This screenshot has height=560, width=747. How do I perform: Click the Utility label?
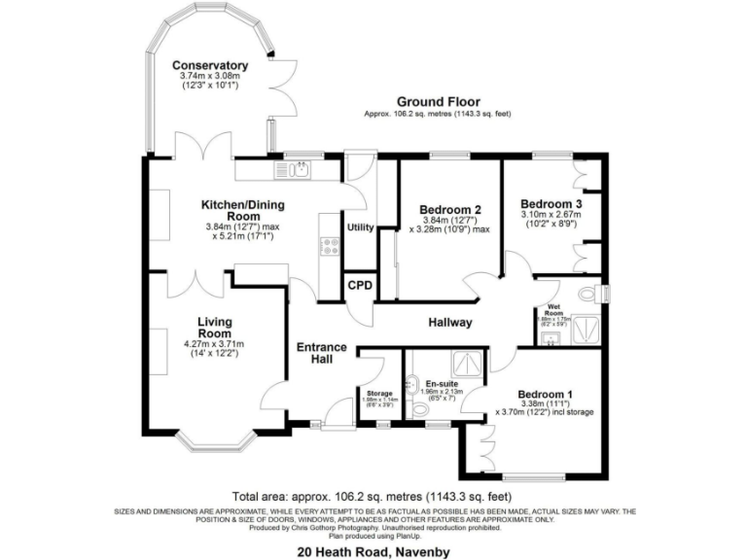(360, 228)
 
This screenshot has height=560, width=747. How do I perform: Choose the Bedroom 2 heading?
(450, 209)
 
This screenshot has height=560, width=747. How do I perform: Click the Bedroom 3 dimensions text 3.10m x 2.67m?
(551, 214)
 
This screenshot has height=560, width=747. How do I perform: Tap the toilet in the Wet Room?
(587, 293)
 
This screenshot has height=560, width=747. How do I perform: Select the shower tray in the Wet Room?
(584, 331)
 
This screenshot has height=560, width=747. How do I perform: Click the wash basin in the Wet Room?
(551, 336)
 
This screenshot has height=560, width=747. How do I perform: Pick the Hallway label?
(448, 322)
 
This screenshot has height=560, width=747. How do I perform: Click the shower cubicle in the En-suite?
(471, 364)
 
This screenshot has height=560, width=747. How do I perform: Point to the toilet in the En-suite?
(420, 408)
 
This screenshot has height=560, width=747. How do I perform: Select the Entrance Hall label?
(322, 353)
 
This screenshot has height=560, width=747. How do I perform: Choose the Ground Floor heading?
(437, 101)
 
